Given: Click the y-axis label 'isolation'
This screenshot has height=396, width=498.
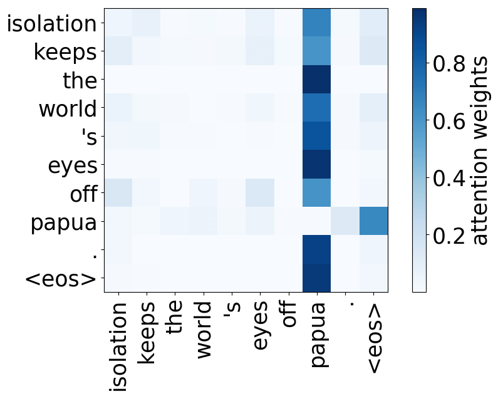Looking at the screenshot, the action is tap(52, 24).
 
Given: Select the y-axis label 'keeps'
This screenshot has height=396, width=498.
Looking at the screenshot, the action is tap(65, 52).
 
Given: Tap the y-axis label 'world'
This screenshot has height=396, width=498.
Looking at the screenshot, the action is tap(68, 108).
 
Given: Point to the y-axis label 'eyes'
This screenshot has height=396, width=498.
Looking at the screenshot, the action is tap(73, 166).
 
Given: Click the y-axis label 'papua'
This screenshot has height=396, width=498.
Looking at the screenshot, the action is tap(64, 222).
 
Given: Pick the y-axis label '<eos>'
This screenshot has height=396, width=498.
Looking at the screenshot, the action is tap(60, 279).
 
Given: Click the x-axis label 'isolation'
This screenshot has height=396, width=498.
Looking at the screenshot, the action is tap(118, 346).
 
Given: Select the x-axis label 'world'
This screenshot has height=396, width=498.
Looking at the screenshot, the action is tap(203, 330).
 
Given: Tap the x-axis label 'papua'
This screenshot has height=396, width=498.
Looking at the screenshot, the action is tap(318, 335).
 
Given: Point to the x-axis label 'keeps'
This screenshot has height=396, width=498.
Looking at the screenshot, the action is tap(147, 333).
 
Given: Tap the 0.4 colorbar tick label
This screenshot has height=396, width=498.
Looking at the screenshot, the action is tap(449, 178).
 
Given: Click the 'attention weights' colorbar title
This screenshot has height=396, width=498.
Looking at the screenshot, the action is tap(480, 150).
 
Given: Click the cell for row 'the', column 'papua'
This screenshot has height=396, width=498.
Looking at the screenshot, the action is tap(316, 80).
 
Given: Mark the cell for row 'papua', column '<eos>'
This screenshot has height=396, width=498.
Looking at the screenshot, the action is tap(373, 221).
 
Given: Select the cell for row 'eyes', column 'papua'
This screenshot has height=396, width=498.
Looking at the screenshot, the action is tap(316, 165).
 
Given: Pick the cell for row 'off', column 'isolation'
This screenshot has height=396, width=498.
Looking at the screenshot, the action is tap(118, 193).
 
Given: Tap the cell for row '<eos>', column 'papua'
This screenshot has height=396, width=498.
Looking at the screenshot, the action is tap(316, 278).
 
